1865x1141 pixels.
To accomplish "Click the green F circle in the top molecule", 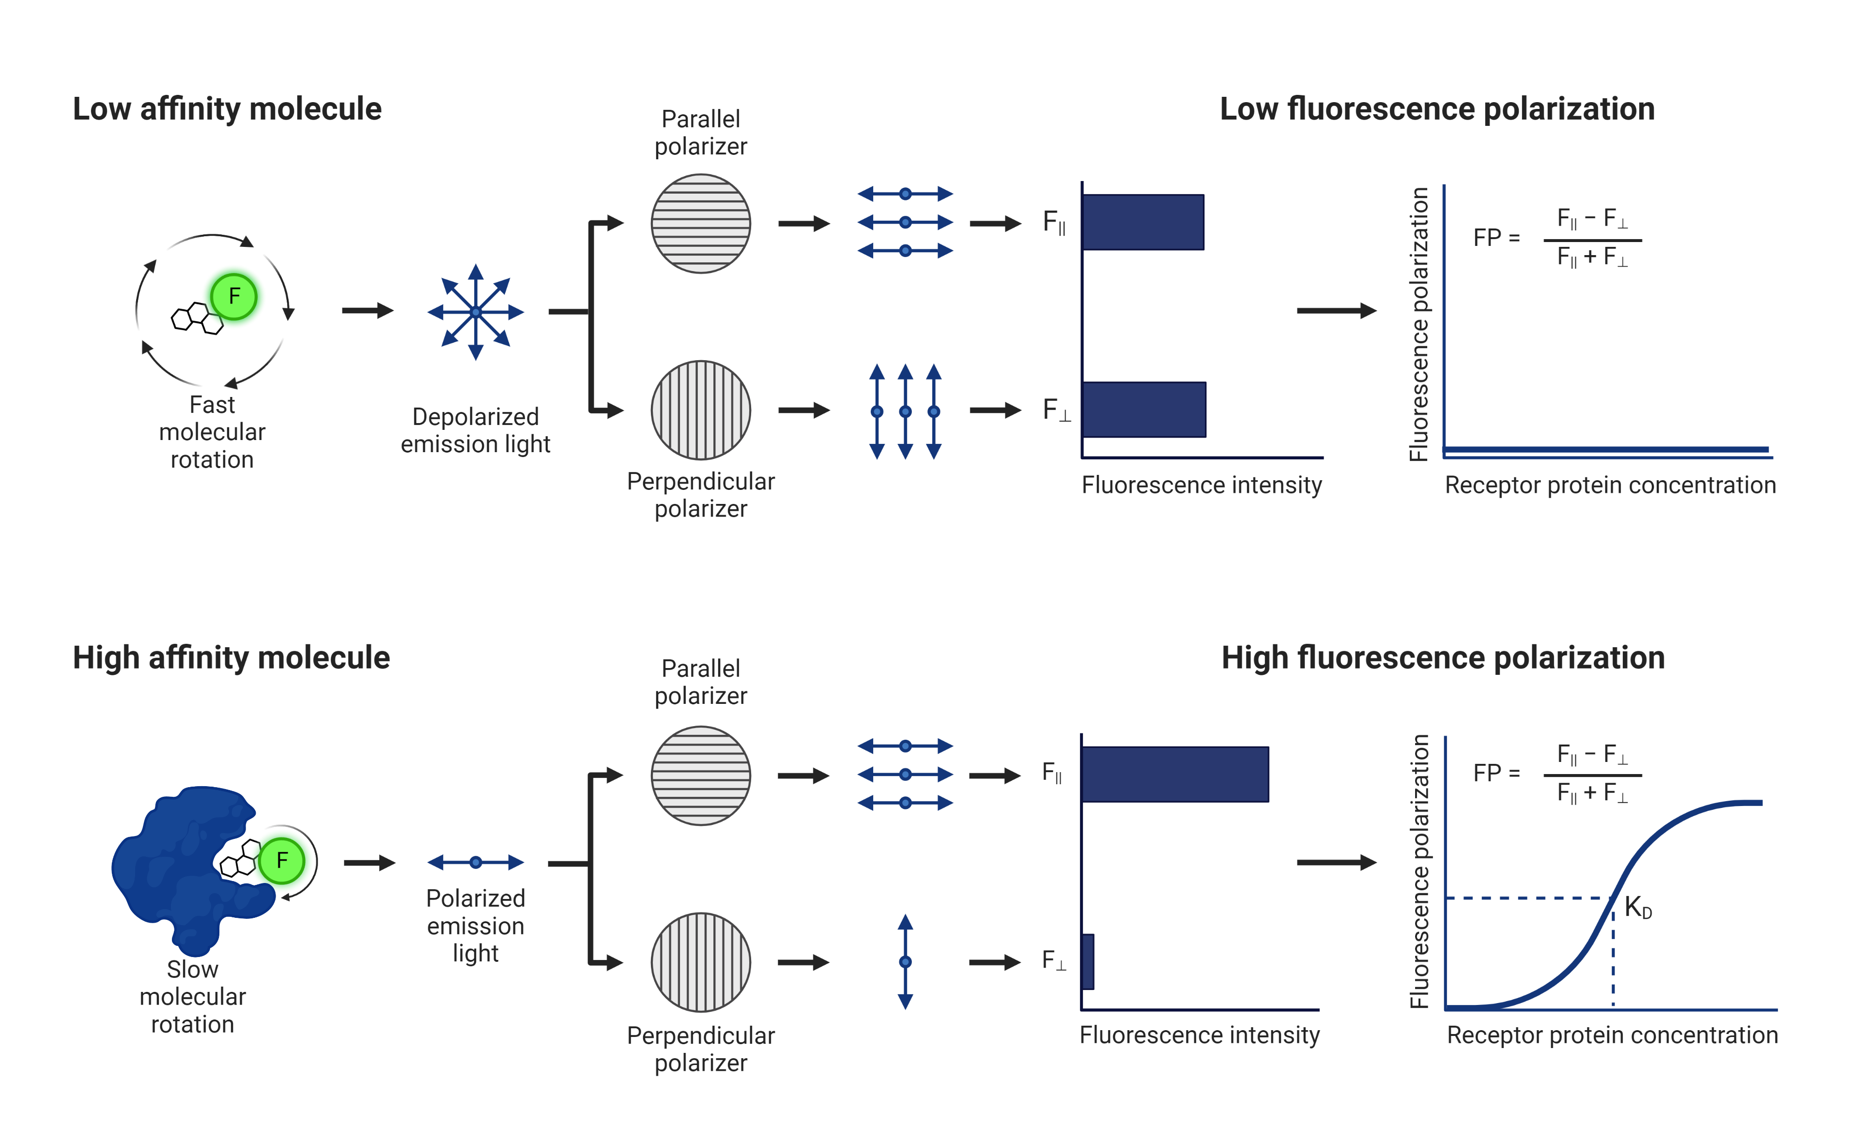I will pos(234,297).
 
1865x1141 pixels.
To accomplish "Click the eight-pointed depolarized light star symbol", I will pos(476,312).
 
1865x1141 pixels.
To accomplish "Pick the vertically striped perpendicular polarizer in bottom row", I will pos(701,962).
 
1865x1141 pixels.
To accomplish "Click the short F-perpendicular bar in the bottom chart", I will pos(1088,962).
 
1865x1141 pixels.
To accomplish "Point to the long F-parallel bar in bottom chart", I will pos(1175,774).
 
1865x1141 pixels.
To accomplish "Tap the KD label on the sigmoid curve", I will pos(1637,907).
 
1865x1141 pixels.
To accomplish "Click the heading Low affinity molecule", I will pos(227,109).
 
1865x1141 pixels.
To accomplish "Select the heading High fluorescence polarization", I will pos(1443,657).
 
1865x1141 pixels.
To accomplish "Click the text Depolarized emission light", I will pos(476,430).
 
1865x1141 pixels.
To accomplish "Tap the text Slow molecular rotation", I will pos(192,996).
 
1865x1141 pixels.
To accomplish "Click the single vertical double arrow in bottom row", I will pos(905,962).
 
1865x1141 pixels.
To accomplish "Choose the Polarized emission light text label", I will pos(476,926).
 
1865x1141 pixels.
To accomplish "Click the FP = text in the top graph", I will pos(1496,238).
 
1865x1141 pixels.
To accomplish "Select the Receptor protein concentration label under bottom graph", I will pos(1612,1035).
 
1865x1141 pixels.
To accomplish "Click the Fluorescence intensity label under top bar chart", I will pos(1201,485).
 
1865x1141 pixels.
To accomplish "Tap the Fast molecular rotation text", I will pos(212,432).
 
